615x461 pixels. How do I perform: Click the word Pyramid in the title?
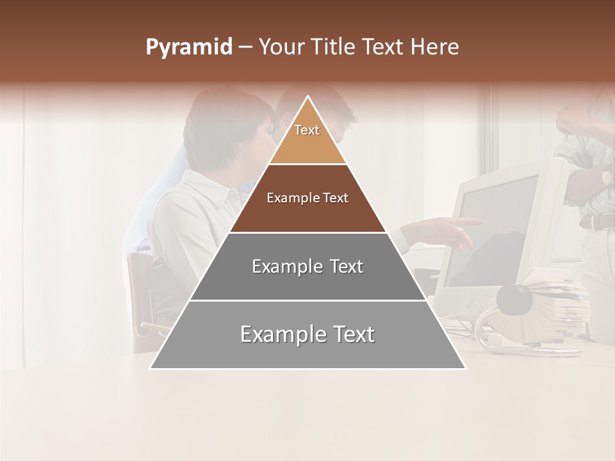click(x=188, y=47)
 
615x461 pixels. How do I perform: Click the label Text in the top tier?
click(x=307, y=130)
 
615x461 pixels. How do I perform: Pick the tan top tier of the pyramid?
click(x=307, y=144)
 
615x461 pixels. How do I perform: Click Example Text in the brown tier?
click(x=307, y=198)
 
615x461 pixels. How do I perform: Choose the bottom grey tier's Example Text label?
click(x=307, y=334)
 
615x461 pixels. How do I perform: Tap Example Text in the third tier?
click(x=307, y=266)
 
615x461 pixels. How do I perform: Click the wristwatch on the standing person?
click(x=605, y=177)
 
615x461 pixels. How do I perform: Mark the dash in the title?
click(x=245, y=47)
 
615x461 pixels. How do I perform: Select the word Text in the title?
click(x=383, y=47)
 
